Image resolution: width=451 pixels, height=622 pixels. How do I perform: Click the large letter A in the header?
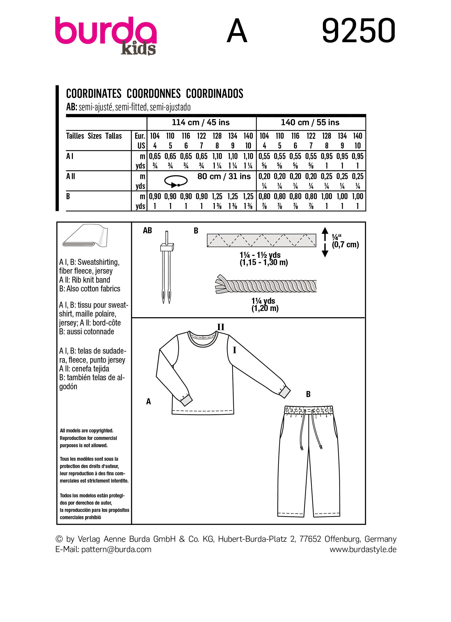click(x=237, y=32)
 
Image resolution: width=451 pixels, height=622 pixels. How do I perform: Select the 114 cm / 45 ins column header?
click(x=201, y=122)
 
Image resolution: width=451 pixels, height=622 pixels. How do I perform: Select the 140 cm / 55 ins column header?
click(x=310, y=122)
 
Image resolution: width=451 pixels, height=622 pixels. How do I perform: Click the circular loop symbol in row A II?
click(x=176, y=181)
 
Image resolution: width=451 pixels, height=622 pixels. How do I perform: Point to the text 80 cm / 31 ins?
click(x=224, y=176)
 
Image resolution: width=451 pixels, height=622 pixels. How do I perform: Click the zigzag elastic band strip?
click(x=261, y=241)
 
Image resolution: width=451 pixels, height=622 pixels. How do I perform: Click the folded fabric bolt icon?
click(x=85, y=236)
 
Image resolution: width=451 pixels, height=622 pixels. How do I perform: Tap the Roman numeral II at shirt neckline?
click(x=221, y=327)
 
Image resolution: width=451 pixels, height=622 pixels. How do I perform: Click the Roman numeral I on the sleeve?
click(x=234, y=350)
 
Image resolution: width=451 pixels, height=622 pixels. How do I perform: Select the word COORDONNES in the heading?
click(x=154, y=94)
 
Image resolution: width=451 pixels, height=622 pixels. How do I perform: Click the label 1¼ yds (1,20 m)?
click(x=265, y=305)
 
